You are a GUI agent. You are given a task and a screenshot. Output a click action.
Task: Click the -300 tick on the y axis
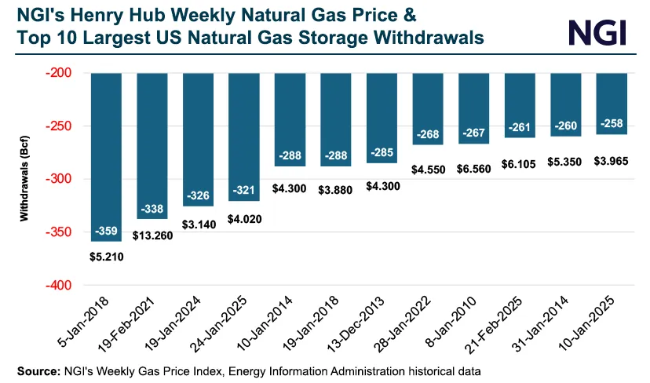(x=65, y=179)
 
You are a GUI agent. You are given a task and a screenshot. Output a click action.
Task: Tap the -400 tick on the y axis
(x=65, y=285)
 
